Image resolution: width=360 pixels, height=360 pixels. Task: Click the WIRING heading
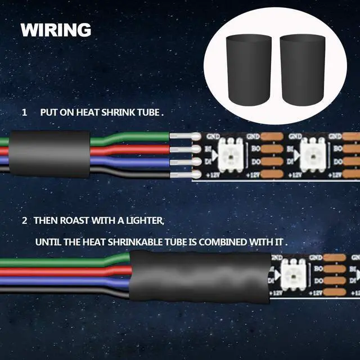pos(56,29)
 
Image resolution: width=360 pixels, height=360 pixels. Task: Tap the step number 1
pos(24,112)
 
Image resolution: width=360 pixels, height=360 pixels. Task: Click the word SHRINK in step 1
pos(119,112)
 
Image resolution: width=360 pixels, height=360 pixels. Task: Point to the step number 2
pos(24,219)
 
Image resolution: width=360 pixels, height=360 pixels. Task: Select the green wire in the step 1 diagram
pos(129,137)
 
